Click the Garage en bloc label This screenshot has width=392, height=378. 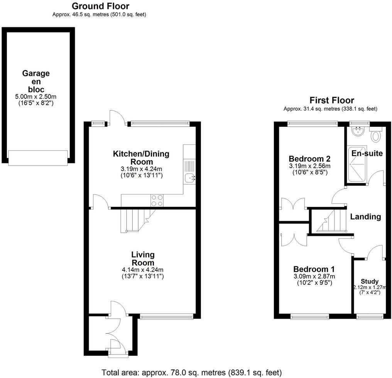pos(35,81)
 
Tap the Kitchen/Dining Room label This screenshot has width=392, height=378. pos(141,158)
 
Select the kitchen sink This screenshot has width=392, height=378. pos(189,178)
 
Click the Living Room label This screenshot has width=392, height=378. pos(143,259)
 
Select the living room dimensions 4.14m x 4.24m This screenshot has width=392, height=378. pos(143,270)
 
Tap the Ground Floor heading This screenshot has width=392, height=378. pos(100,6)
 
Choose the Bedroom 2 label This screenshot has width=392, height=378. pos(309,159)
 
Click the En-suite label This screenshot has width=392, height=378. pos(367,153)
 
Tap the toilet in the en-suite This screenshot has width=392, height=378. pos(375,135)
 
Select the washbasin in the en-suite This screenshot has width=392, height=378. pos(358,132)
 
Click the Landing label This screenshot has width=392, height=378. pos(365,217)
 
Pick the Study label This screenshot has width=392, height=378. pos(369,281)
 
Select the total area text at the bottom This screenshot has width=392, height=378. pos(192,373)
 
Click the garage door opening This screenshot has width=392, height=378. pos(38,158)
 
